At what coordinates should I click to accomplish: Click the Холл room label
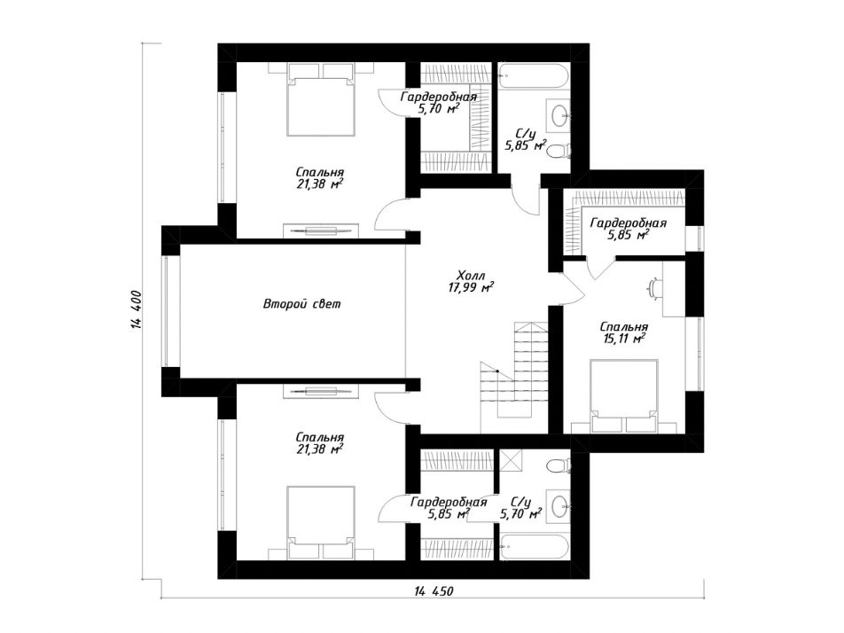[x=471, y=276]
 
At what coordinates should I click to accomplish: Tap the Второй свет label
[x=302, y=304]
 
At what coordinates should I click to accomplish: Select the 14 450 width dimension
[x=434, y=591]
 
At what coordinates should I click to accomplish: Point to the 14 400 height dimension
[x=136, y=309]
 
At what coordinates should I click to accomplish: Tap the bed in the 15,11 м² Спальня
[x=624, y=396]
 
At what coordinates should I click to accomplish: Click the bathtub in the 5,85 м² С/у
[x=534, y=77]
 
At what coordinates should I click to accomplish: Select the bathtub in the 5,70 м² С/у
[x=534, y=547]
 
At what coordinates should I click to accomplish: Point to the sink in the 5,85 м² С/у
[x=559, y=114]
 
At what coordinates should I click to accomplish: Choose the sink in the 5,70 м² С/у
[x=559, y=505]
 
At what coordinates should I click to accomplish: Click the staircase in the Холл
[x=514, y=371]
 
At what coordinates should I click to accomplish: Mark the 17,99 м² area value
[x=472, y=288]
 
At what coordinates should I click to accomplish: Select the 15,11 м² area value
[x=624, y=339]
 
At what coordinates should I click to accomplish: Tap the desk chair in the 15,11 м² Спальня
[x=654, y=287]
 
